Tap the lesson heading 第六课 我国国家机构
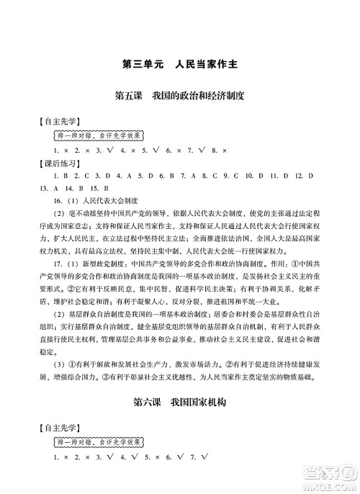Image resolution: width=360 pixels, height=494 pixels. (x=181, y=403)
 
